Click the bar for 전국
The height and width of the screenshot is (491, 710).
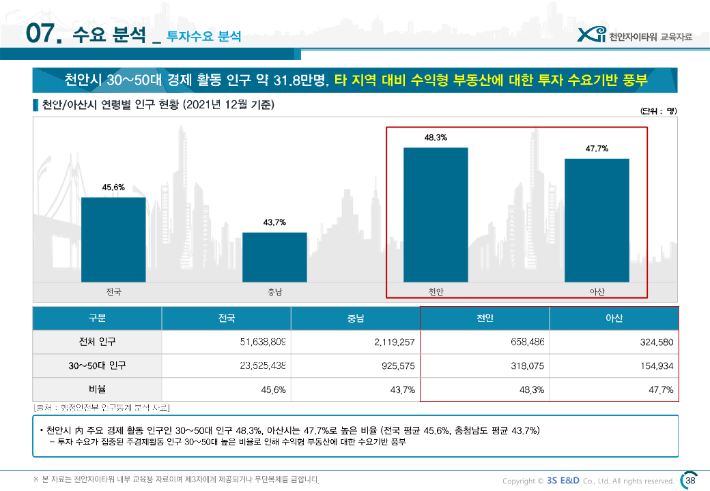click(113, 239)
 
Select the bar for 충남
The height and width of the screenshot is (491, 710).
click(274, 257)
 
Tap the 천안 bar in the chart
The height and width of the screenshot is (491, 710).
click(436, 214)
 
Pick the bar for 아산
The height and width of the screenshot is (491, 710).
click(597, 220)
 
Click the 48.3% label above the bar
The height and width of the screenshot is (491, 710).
click(436, 138)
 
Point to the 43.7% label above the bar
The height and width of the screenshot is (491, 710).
click(274, 222)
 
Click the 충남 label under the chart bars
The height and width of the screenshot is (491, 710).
click(274, 292)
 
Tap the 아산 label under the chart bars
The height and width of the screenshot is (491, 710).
click(597, 292)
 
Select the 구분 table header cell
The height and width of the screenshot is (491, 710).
click(97, 318)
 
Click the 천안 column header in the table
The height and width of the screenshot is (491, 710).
click(485, 318)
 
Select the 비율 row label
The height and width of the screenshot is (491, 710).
click(97, 389)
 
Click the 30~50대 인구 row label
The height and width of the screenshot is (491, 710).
click(97, 366)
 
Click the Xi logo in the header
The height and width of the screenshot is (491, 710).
click(591, 35)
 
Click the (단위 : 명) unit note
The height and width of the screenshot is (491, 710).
click(658, 111)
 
